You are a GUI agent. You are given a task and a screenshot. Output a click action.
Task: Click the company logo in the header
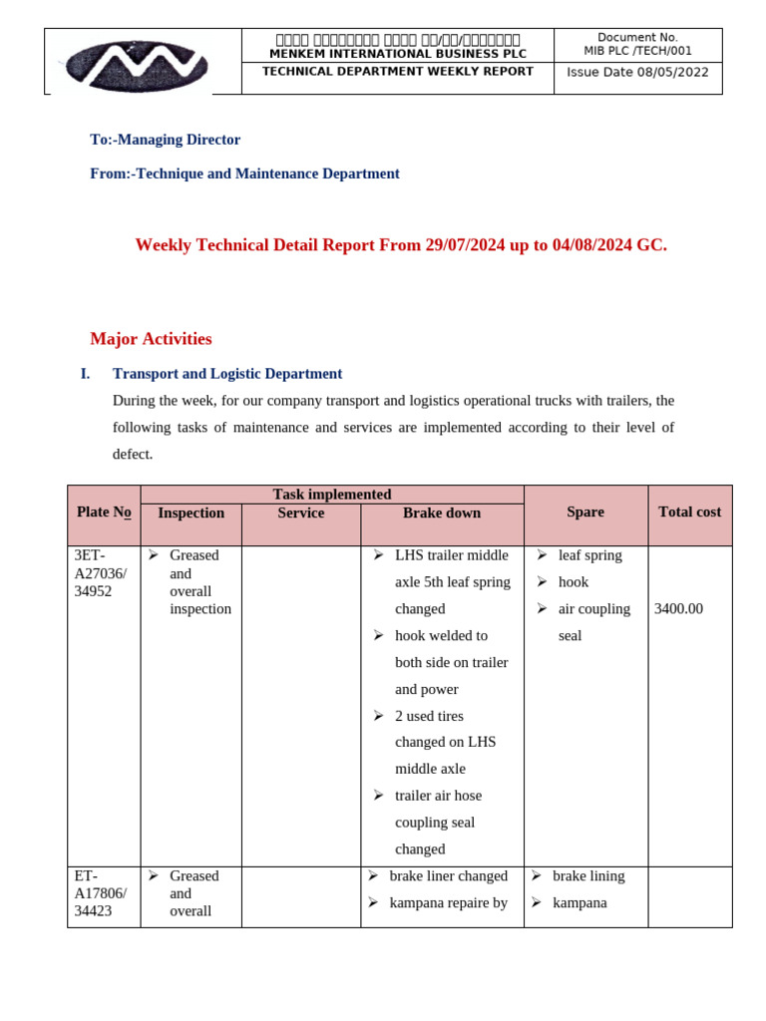point(137,66)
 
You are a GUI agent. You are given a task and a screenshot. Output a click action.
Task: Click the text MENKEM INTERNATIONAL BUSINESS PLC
point(397,54)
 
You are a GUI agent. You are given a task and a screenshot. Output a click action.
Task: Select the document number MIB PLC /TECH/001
point(637,51)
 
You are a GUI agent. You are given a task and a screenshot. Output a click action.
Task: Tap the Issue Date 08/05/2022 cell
point(637,72)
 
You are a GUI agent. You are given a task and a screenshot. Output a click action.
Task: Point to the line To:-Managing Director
point(165,140)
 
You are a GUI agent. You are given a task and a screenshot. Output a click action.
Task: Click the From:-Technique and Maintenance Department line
point(244,173)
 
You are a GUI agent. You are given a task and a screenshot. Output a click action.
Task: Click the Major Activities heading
point(151,339)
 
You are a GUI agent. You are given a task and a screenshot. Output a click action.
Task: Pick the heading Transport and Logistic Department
point(227,374)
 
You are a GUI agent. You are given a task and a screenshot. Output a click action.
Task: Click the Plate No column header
point(104,512)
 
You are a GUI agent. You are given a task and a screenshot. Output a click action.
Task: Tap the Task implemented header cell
point(331,495)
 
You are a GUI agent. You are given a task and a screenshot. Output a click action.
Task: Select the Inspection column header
point(191,513)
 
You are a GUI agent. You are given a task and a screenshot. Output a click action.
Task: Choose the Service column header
point(300,513)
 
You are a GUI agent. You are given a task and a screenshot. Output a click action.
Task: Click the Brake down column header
point(441,513)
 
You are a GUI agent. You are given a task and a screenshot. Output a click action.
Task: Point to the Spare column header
point(585,512)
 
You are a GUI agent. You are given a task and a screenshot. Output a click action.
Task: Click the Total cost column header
point(689,512)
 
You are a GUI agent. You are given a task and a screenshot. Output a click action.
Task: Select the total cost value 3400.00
point(678,609)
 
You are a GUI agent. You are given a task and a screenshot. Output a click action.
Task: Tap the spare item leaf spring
point(589,555)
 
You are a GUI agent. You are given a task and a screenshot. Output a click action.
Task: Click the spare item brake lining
point(588,876)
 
